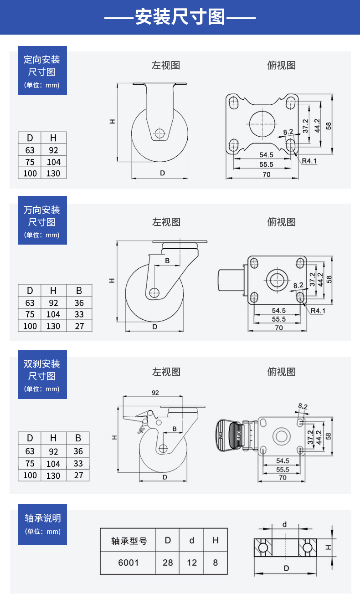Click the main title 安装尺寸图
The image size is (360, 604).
click(x=180, y=18)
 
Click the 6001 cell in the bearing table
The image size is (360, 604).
click(x=128, y=563)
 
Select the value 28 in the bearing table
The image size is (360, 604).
click(x=168, y=563)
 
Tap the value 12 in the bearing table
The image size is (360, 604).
click(x=192, y=563)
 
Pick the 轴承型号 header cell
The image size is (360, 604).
click(x=129, y=541)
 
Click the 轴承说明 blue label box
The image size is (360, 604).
click(x=42, y=524)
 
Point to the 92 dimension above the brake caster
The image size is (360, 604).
click(x=155, y=392)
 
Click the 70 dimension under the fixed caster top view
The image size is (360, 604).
click(x=266, y=174)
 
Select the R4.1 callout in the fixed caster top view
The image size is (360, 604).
click(x=309, y=161)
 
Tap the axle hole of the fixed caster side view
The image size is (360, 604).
click(x=159, y=133)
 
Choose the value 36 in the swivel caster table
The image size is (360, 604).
click(x=79, y=303)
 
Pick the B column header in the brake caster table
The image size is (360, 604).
click(x=78, y=438)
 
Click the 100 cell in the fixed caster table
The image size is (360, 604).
click(x=30, y=173)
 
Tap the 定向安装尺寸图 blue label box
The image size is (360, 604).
click(x=42, y=71)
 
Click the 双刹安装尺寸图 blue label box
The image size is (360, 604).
click(x=42, y=375)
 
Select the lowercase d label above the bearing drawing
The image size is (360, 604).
click(x=285, y=524)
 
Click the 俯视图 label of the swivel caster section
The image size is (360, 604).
click(x=281, y=222)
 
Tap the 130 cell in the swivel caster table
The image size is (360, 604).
click(x=53, y=326)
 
